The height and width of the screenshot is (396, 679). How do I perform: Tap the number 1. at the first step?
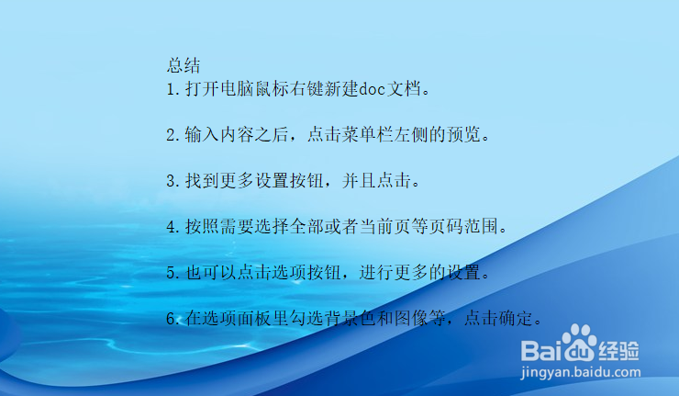pos(173,89)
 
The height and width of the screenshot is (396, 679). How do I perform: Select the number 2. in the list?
pos(173,135)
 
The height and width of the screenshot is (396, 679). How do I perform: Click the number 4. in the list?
pos(173,226)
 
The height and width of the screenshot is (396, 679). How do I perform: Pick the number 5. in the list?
pos(173,272)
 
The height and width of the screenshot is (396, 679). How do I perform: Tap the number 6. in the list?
pos(173,319)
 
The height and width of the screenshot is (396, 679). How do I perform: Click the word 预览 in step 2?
pos(468,135)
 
